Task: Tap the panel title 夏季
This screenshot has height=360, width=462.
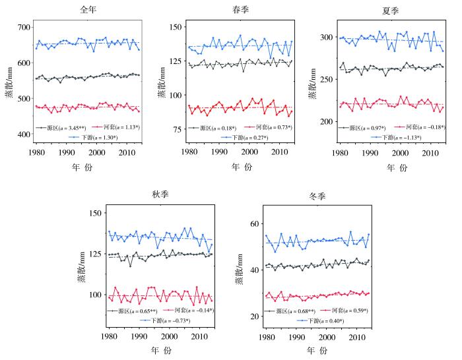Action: (390, 11)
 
